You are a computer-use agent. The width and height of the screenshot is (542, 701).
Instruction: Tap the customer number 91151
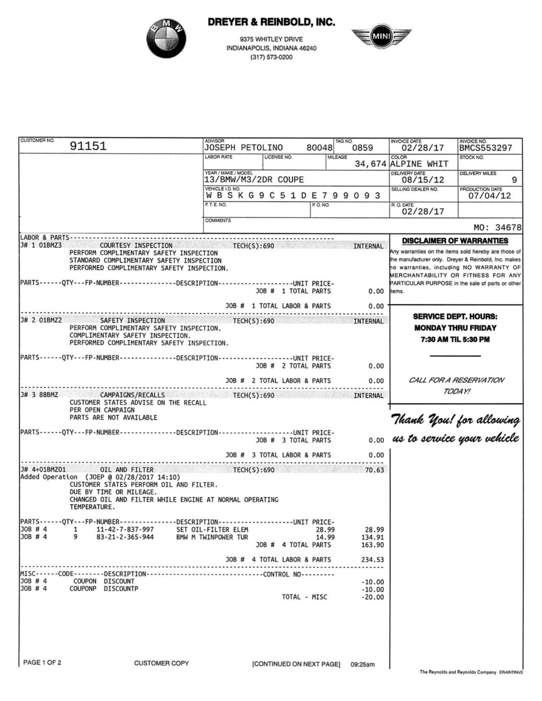coord(88,146)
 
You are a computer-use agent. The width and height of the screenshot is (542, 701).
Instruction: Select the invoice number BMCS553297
coord(486,148)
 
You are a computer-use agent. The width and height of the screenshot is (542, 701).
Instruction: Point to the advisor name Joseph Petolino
coord(243,148)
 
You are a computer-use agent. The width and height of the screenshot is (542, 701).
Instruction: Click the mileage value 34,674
coord(370,164)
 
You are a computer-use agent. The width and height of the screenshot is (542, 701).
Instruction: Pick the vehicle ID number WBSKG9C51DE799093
coord(293,196)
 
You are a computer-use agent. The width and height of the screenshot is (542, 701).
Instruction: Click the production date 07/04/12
coord(489,196)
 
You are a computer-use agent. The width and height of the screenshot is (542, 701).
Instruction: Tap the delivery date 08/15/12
coord(423,180)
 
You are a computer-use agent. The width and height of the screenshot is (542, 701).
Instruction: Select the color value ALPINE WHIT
coord(419,164)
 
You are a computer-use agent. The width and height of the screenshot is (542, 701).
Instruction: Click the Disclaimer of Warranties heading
coord(455,241)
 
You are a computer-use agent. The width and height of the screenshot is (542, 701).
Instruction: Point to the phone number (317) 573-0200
coord(271,57)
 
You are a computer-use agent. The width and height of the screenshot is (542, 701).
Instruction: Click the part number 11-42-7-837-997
coord(125,530)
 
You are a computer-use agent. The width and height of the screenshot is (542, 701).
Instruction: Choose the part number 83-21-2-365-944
coord(125,537)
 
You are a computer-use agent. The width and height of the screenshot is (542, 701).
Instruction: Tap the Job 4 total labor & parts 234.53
coord(373,560)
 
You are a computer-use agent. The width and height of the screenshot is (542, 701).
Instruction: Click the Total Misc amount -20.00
coord(373,597)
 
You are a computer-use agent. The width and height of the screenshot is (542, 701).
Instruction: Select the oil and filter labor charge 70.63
coord(374,470)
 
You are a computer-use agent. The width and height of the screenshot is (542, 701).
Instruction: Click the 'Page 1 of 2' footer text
coord(42,663)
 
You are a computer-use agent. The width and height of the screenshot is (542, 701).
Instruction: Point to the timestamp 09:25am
coord(363,664)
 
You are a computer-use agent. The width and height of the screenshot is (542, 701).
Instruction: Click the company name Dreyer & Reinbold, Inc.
coord(271,22)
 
